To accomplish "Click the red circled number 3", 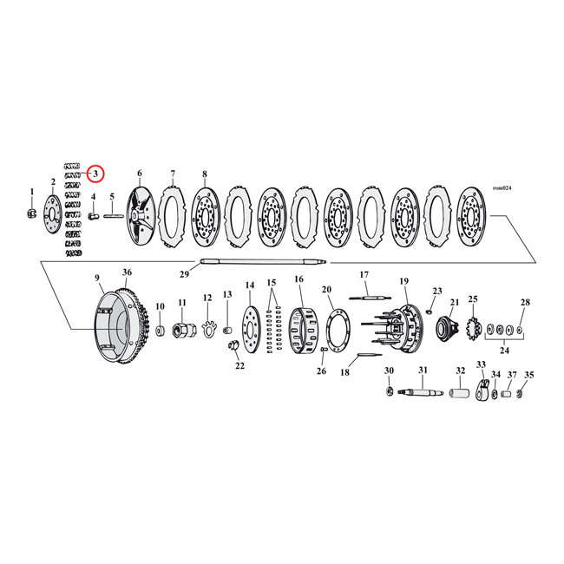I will click(95, 174).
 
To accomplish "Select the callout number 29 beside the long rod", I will click(183, 274).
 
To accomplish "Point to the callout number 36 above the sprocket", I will click(127, 272).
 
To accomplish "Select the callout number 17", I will click(364, 275).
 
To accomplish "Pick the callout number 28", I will click(524, 302).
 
